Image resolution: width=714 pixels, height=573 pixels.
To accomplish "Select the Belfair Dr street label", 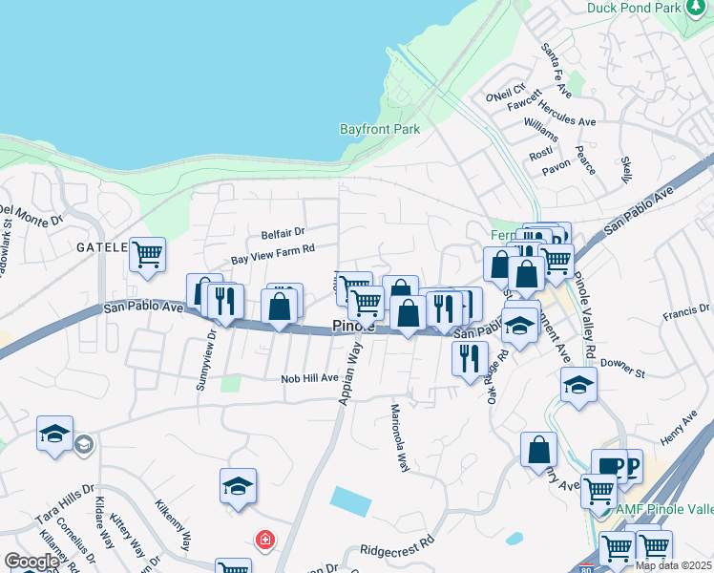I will pos(283,232).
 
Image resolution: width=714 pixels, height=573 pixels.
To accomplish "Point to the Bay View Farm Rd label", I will pos(273,255).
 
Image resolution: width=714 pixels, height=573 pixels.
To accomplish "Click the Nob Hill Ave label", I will pos(309,378).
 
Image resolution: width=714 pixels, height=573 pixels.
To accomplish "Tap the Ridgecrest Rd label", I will pos(397,551).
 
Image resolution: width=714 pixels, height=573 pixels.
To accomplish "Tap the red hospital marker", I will pos(264,541).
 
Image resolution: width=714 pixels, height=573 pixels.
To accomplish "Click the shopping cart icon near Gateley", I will pos(148,255).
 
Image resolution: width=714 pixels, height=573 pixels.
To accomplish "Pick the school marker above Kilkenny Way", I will pos(238,486).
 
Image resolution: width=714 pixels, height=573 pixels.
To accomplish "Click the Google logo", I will pos(31,561).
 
